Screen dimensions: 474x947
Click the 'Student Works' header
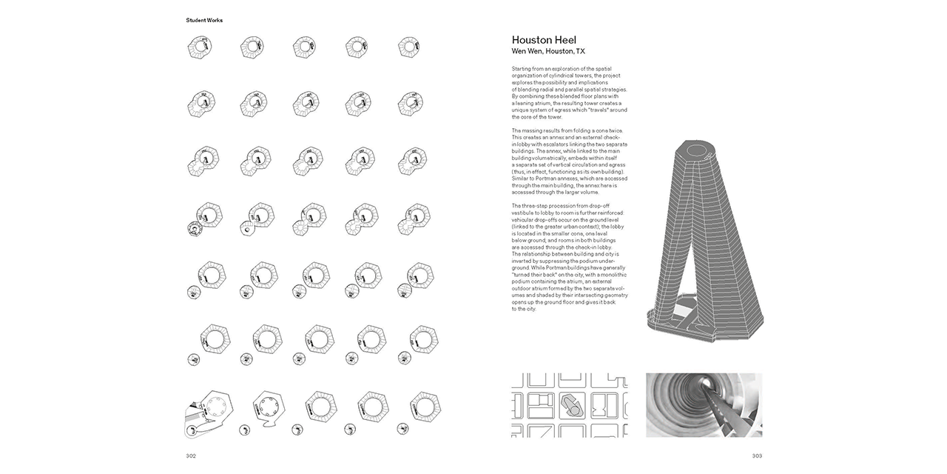pos(204,20)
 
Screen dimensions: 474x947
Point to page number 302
pos(191,455)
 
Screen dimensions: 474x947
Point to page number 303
pos(757,455)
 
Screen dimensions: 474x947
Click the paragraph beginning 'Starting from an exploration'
pos(570,93)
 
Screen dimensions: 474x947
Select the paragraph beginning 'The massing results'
pos(570,161)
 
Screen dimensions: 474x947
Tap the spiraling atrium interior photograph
pos(704,404)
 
